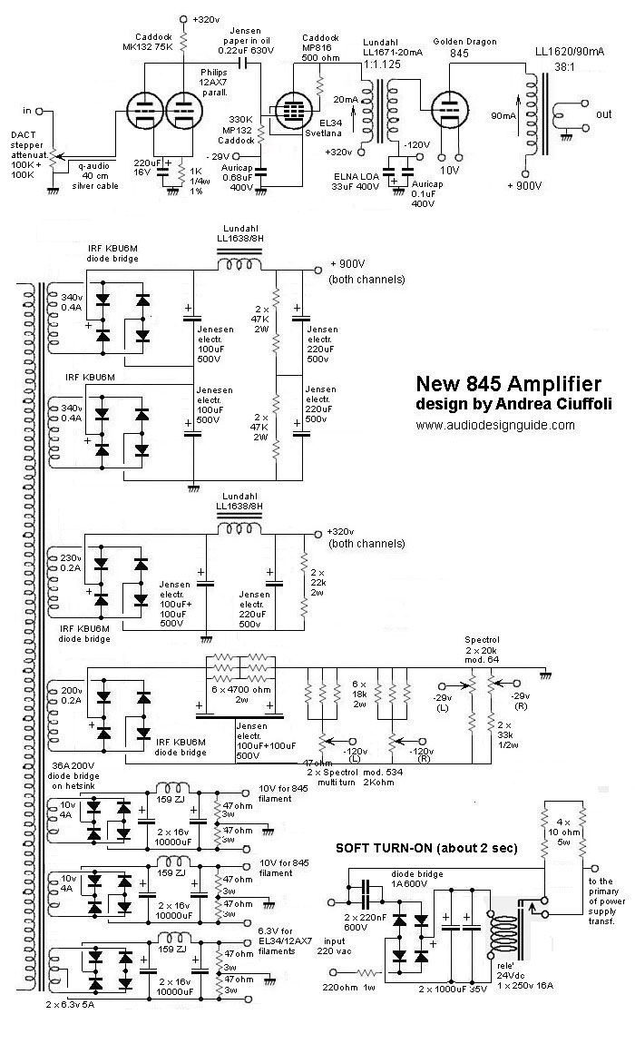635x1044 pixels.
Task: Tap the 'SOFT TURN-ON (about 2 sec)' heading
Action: [x=426, y=848]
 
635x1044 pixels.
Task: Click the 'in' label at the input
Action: [x=27, y=111]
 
